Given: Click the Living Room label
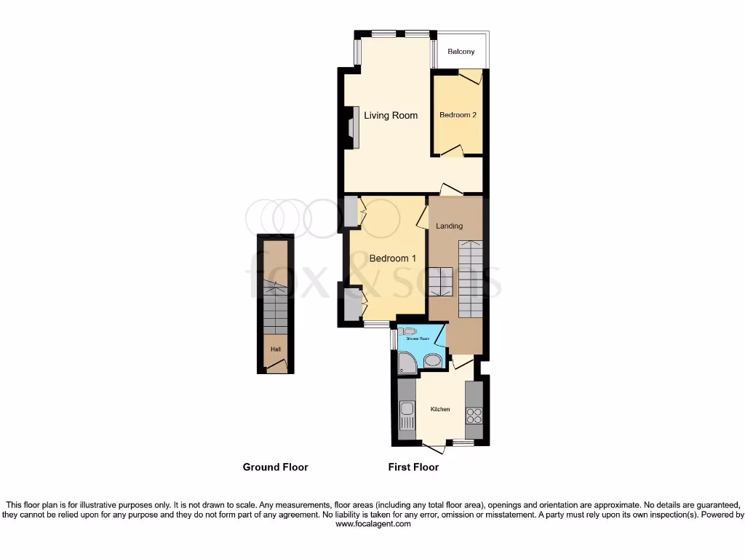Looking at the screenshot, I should [x=391, y=115].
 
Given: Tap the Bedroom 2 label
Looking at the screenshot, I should [x=458, y=115].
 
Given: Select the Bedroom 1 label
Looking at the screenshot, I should [x=393, y=258].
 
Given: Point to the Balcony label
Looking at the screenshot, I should [x=461, y=52].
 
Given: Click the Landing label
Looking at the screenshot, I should [x=449, y=226].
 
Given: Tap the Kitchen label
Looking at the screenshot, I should [x=440, y=410].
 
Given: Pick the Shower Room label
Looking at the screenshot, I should [x=418, y=338].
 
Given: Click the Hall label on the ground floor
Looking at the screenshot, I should [x=276, y=349].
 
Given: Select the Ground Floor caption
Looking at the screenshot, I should [x=275, y=467].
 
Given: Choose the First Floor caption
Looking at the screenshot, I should [x=413, y=467].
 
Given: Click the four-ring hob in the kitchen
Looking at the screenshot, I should [x=474, y=416].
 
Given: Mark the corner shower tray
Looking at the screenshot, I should [x=407, y=362].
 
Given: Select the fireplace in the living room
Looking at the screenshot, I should [x=351, y=128].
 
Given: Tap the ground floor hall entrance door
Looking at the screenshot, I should [x=276, y=368].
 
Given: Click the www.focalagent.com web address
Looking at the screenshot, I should [x=372, y=523].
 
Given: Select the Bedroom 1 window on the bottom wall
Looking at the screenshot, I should [x=377, y=324].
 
